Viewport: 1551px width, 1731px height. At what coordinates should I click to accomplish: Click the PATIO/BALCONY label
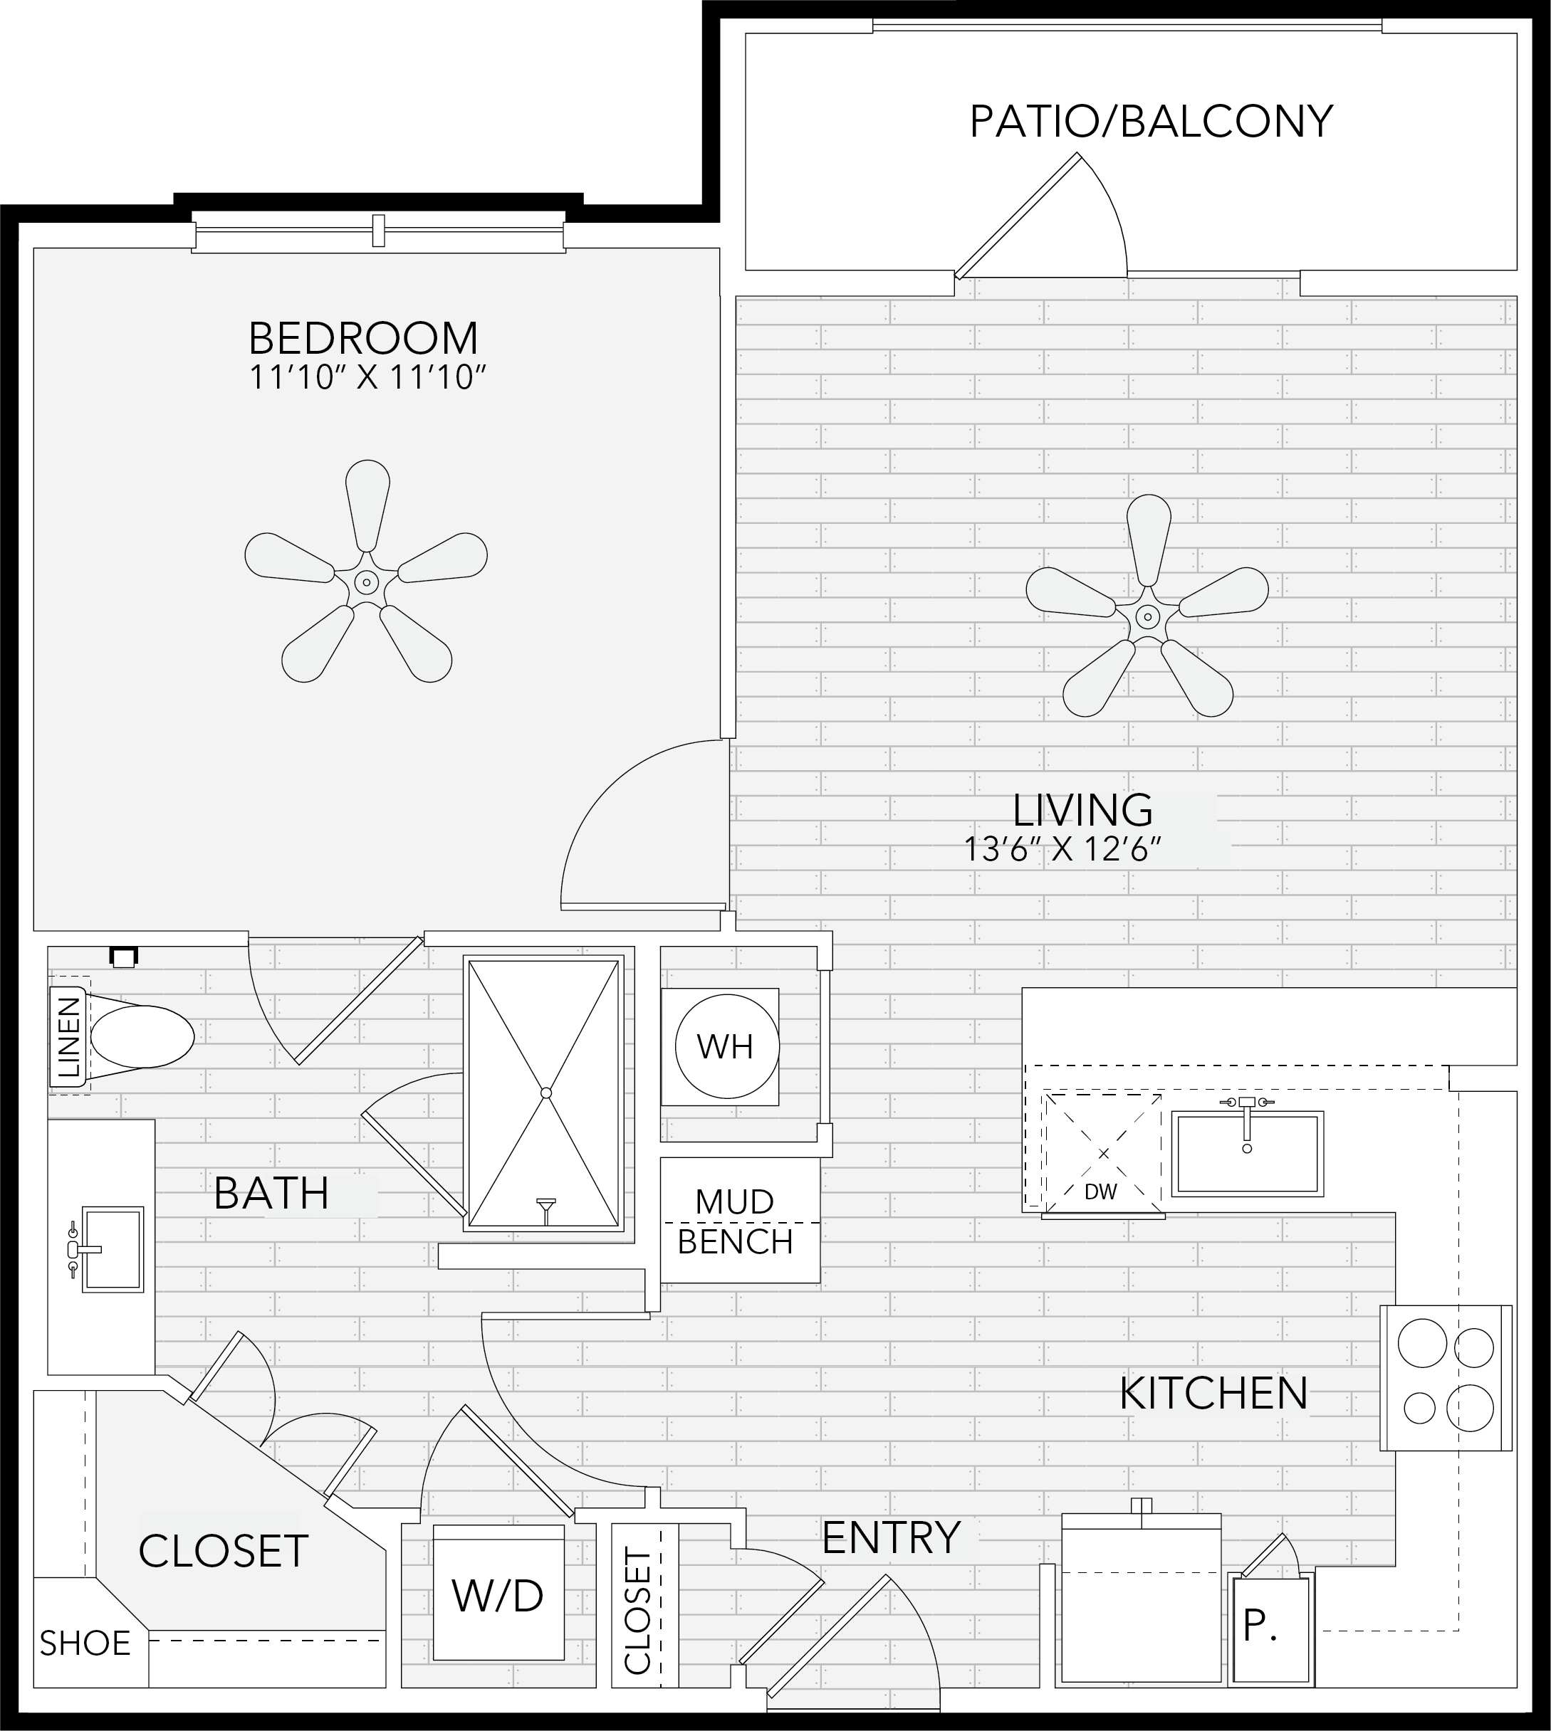click(x=1151, y=121)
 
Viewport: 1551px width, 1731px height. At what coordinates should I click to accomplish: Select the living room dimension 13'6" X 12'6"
click(x=1062, y=849)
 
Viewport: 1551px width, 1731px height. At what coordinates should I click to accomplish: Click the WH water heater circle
click(x=726, y=1047)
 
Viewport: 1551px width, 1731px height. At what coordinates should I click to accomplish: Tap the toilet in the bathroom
click(x=136, y=1036)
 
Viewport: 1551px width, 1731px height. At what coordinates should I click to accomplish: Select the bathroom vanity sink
click(x=112, y=1249)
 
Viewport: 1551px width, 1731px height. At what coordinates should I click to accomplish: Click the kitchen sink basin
click(x=1247, y=1154)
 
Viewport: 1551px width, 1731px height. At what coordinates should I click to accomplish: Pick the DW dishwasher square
click(x=1103, y=1152)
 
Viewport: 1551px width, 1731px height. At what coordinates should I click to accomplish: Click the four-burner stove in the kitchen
click(x=1446, y=1377)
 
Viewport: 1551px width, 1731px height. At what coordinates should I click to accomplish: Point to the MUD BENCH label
click(x=735, y=1221)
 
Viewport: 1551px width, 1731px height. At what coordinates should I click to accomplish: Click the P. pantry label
click(x=1260, y=1626)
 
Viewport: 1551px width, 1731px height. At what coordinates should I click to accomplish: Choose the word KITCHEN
click(x=1213, y=1394)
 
